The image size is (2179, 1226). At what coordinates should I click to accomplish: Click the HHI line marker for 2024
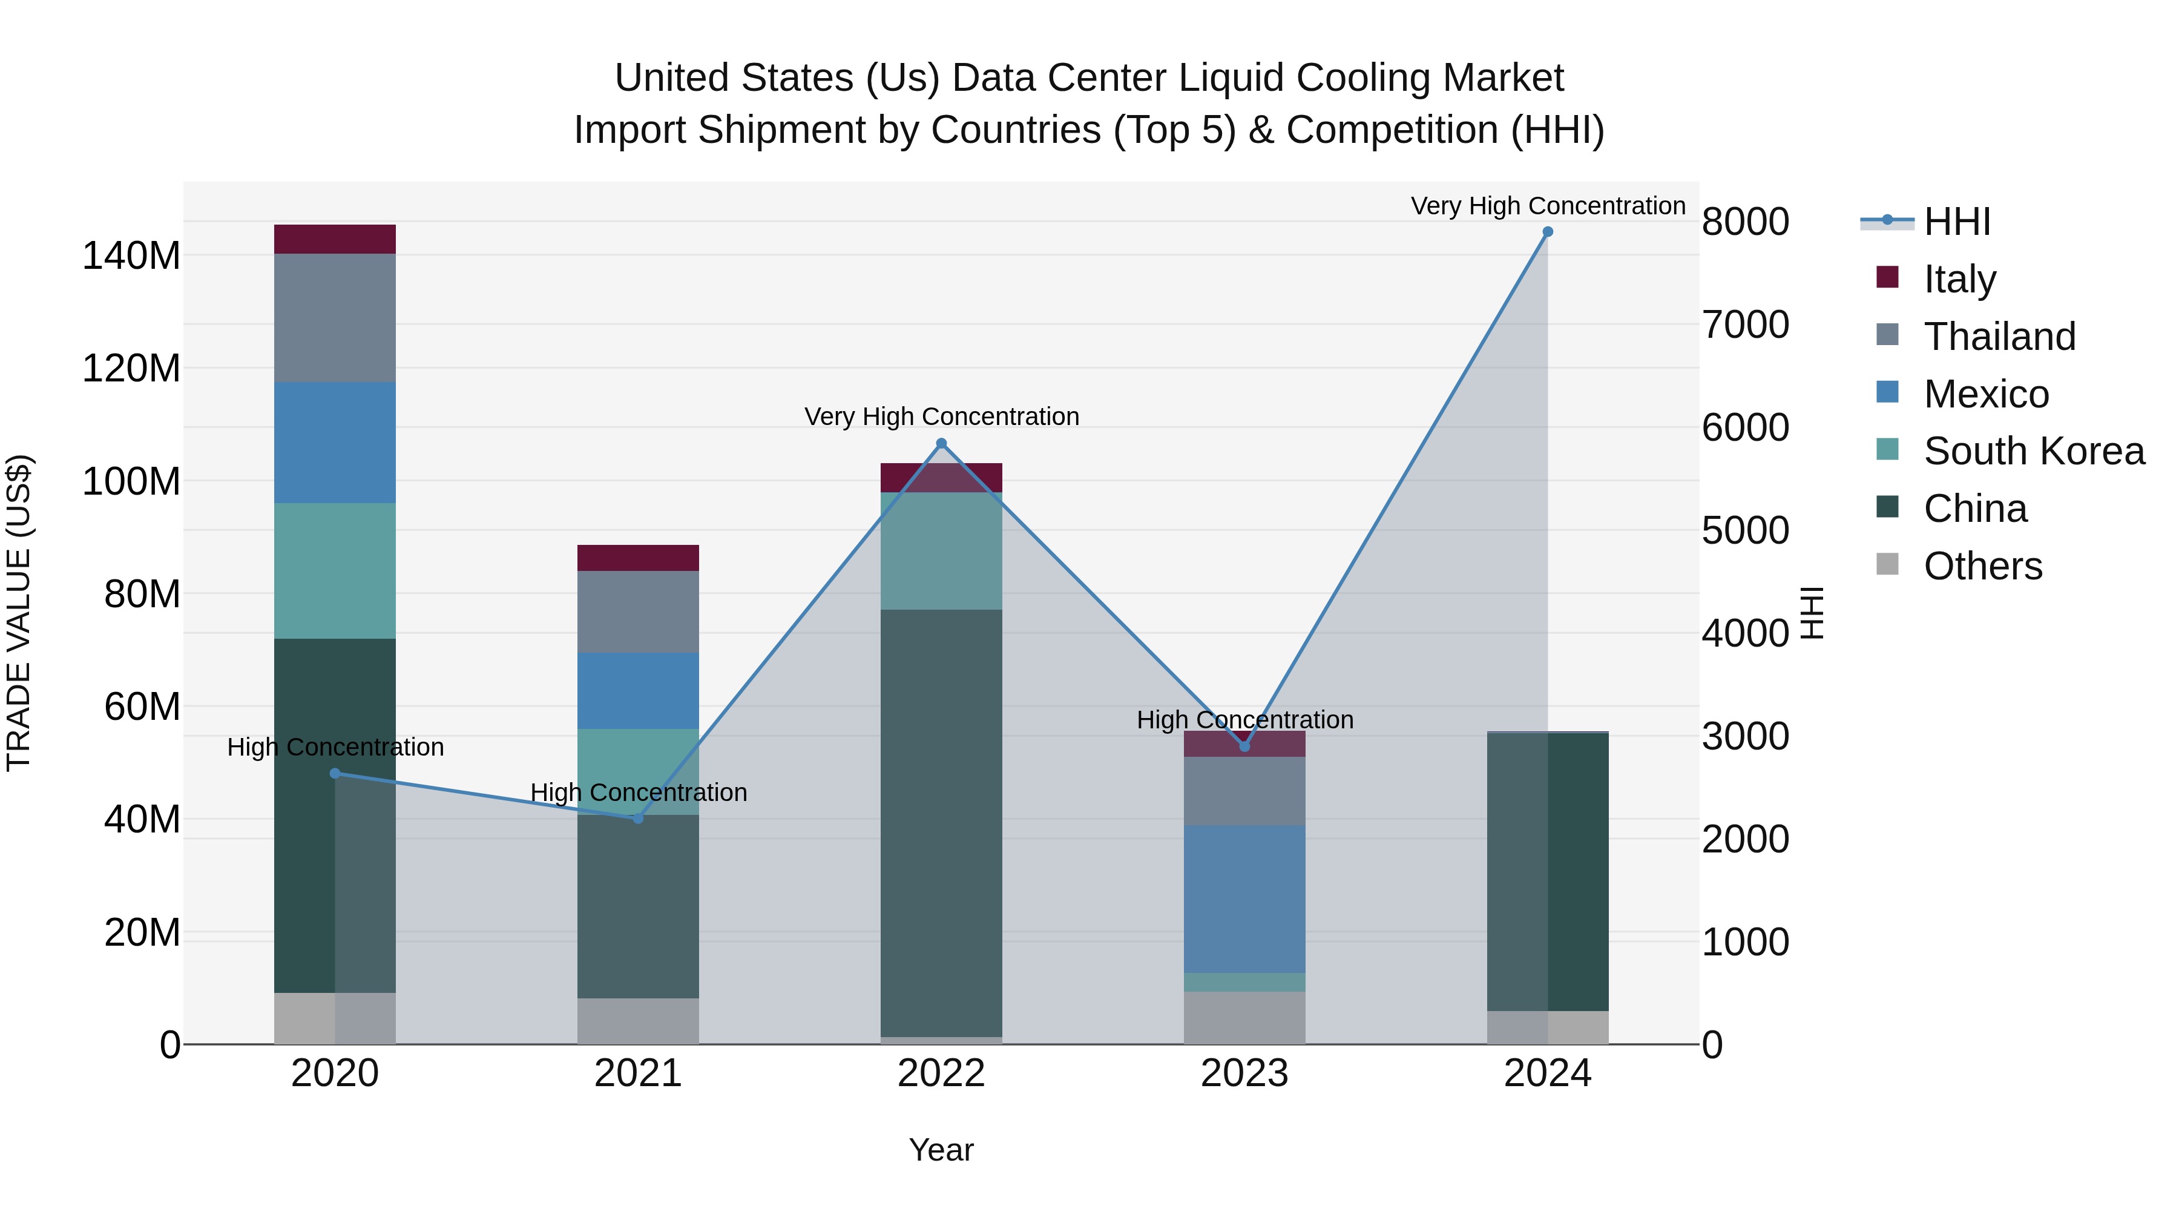(1547, 232)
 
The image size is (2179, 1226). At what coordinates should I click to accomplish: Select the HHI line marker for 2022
(941, 443)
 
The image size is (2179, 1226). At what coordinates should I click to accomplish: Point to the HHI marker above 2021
(638, 818)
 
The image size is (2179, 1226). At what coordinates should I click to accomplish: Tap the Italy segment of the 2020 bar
(335, 239)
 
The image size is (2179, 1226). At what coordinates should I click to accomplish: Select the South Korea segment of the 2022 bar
(941, 551)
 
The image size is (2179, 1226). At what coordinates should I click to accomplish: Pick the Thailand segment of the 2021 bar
(638, 611)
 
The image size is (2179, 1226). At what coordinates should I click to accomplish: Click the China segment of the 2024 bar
(1547, 871)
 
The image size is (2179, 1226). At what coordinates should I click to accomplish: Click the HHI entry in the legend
(1956, 222)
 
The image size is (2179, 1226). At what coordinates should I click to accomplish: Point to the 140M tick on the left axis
(131, 255)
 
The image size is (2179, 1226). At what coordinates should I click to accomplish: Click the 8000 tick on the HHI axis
(1745, 222)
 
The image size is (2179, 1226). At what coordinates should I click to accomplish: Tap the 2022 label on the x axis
(941, 1073)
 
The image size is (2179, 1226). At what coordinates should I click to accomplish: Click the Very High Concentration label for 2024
(1547, 206)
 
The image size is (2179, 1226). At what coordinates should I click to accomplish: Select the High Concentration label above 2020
(335, 747)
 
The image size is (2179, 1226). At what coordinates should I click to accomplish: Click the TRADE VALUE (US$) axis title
(19, 613)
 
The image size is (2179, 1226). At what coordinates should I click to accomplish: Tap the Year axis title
(941, 1150)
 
